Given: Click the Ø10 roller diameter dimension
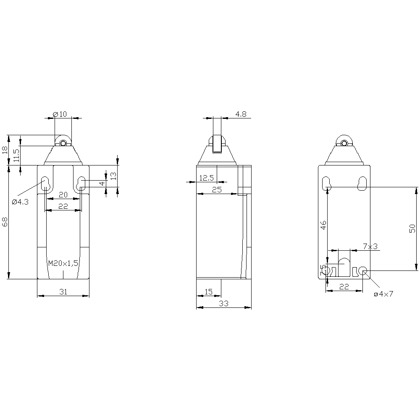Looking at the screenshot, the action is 60,114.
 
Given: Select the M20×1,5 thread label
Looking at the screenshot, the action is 63,263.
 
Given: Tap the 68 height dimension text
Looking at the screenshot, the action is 5,222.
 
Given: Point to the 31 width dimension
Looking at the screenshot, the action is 63,292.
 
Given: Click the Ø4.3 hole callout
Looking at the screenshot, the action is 20,202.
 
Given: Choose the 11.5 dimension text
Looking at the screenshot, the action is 17,155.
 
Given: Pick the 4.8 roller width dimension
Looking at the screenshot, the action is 241,114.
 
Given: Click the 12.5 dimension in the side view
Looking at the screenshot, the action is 207,178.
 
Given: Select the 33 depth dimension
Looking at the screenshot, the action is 224,304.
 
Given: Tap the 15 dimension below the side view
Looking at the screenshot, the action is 208,292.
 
